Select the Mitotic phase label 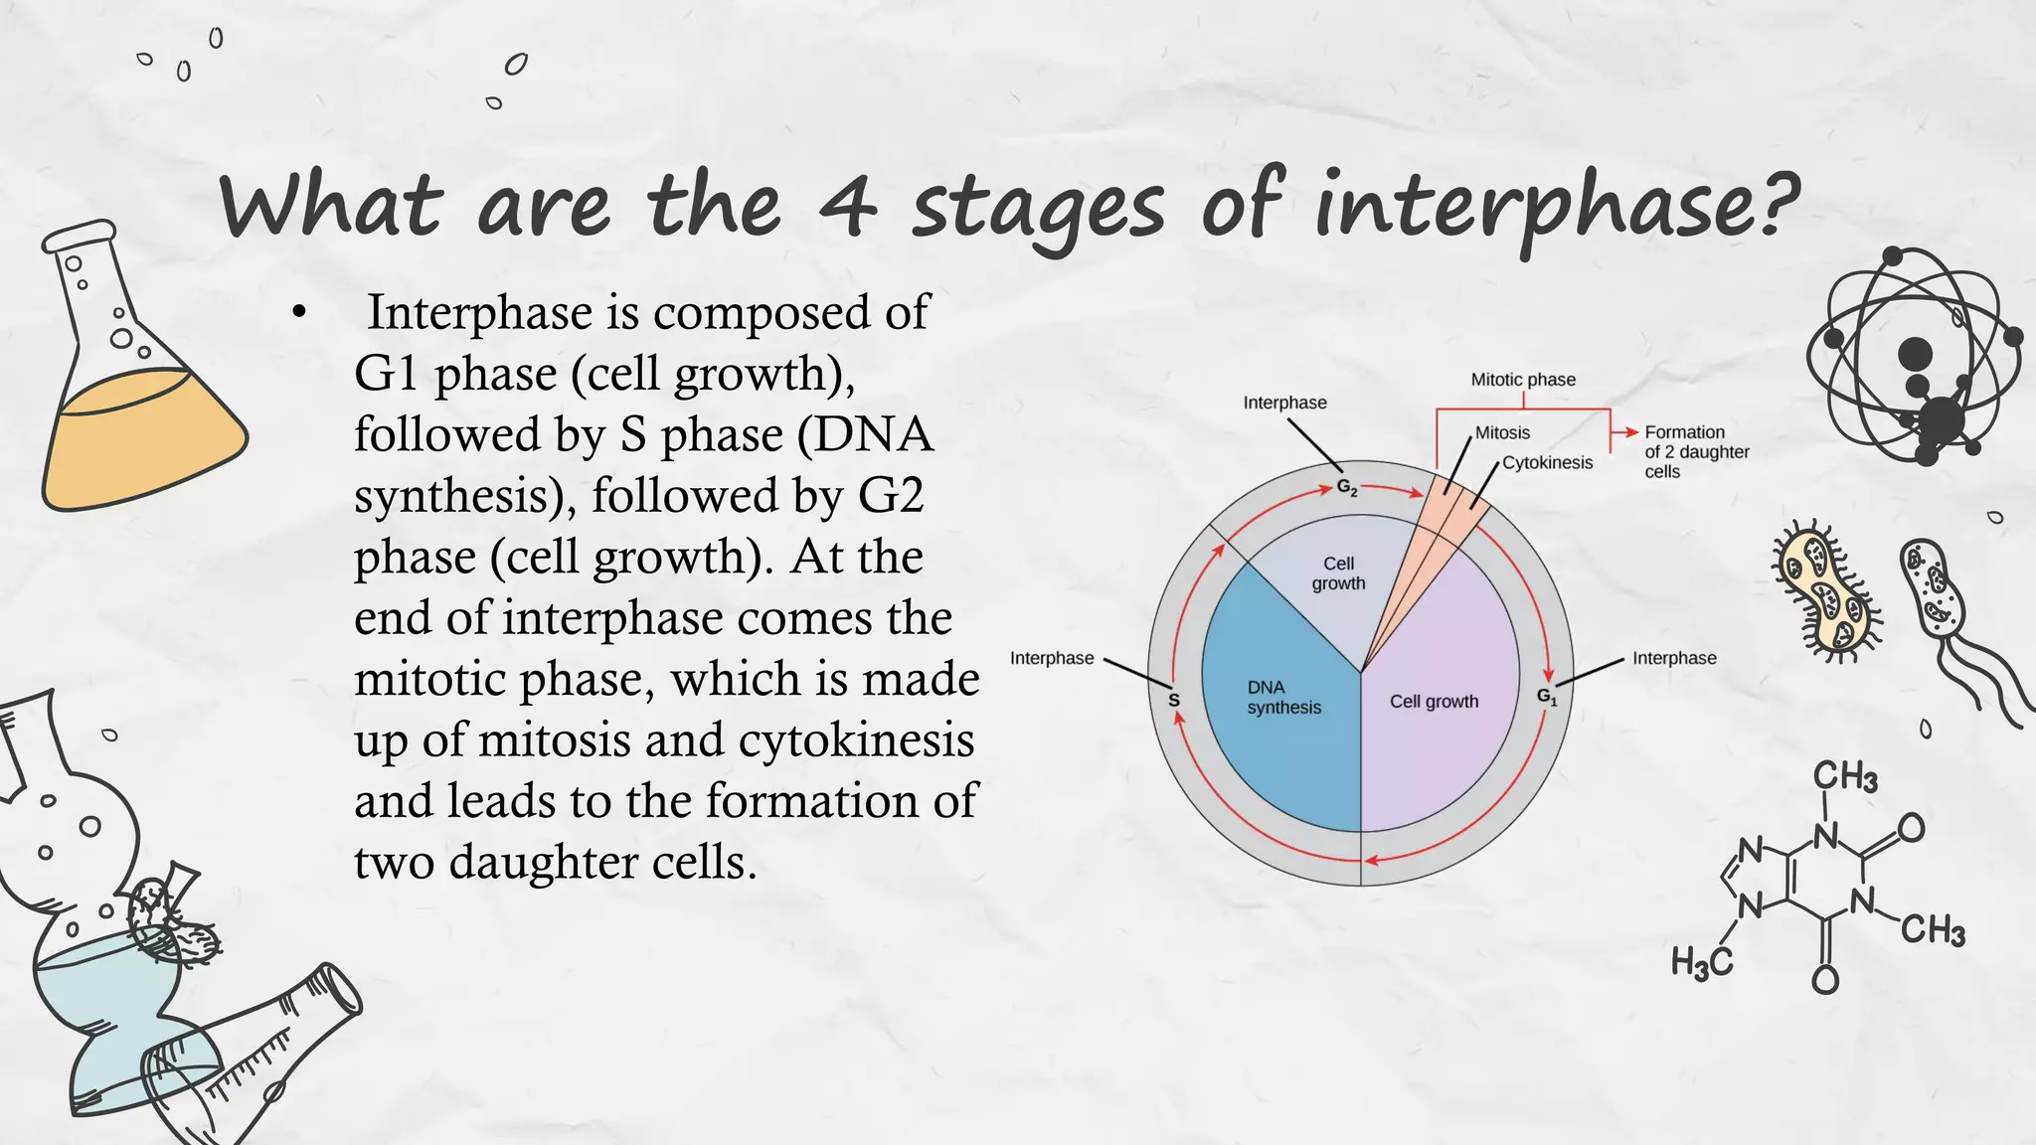pyautogui.click(x=1523, y=380)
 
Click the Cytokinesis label pyautogui.click(x=1547, y=463)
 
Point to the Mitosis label pyautogui.click(x=1502, y=433)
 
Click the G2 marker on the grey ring pyautogui.click(x=1346, y=487)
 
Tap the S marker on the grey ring pyautogui.click(x=1173, y=700)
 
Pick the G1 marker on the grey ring pyautogui.click(x=1547, y=697)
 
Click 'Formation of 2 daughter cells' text pyautogui.click(x=1696, y=452)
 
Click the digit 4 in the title pyautogui.click(x=848, y=207)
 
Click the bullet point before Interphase pyautogui.click(x=298, y=313)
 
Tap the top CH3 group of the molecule pyautogui.click(x=1845, y=776)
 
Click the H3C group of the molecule pyautogui.click(x=1701, y=962)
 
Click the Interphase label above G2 pyautogui.click(x=1284, y=403)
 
